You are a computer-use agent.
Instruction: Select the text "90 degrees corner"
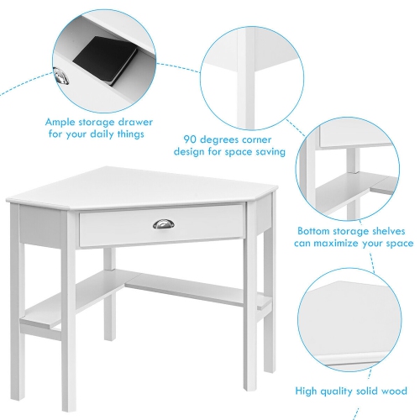click(229, 139)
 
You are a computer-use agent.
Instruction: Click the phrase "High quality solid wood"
click(351, 390)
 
